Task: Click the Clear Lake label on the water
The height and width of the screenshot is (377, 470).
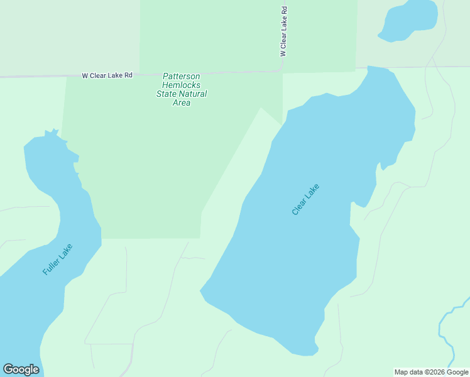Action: coord(306,199)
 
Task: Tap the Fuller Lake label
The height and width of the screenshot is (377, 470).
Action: coord(58,259)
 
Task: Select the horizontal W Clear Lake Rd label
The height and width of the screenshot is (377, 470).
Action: coord(107,75)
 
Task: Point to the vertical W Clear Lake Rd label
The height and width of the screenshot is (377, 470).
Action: coord(284,32)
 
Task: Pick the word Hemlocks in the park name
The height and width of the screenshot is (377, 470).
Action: coord(182,85)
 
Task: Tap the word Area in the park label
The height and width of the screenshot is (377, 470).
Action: coord(182,103)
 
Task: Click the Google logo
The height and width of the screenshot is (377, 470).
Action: coord(21,369)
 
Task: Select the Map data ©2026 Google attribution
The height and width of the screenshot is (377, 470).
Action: coord(431,372)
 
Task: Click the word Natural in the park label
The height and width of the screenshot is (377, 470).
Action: coord(194,94)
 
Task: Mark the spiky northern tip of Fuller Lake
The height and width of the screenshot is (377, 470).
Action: coord(50,133)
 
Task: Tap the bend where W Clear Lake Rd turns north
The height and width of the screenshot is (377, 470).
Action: coord(281,69)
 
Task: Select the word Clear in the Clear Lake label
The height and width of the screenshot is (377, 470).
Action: coord(299,207)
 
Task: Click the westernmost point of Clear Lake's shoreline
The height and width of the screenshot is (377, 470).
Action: coord(200,291)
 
